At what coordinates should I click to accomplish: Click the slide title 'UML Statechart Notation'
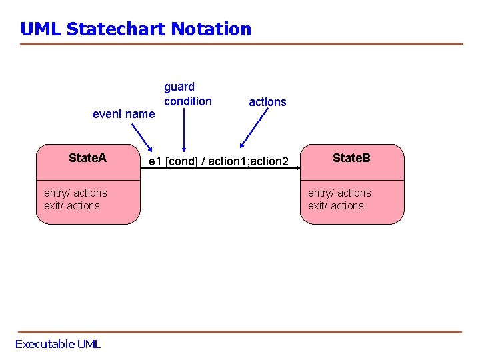(135, 29)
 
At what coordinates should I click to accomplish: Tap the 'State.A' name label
(87, 158)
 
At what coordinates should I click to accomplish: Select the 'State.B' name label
(351, 158)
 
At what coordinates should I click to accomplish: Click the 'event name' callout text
(123, 114)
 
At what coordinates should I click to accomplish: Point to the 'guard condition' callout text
(187, 94)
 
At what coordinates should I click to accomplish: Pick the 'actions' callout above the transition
(267, 102)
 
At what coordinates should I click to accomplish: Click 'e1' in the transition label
(155, 162)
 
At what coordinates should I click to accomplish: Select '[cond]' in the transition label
(181, 162)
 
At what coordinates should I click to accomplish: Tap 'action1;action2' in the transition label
(249, 162)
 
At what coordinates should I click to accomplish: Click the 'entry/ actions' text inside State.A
(75, 193)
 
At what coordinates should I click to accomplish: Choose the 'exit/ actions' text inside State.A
(72, 206)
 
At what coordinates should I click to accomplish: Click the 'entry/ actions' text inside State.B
(339, 193)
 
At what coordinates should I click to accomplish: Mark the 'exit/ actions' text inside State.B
(336, 206)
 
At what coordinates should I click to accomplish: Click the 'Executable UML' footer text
(58, 344)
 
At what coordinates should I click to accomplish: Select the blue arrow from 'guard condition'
(184, 130)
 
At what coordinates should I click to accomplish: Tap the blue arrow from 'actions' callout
(254, 127)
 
